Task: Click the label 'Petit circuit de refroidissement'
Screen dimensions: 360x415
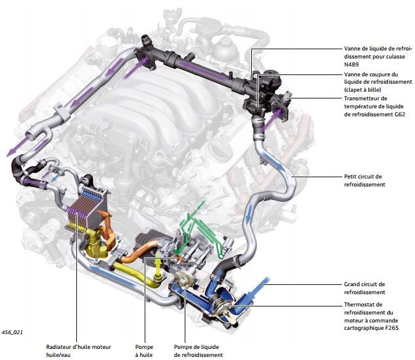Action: pyautogui.click(x=364, y=180)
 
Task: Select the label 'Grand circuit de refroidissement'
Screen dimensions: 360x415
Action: pyautogui.click(x=364, y=288)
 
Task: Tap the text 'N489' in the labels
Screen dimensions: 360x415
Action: pyautogui.click(x=352, y=63)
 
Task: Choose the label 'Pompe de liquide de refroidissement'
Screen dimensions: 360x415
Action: pyautogui.click(x=198, y=351)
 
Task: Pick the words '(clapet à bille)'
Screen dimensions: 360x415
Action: pyautogui.click(x=365, y=90)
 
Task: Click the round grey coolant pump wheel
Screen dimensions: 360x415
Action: pyautogui.click(x=183, y=280)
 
